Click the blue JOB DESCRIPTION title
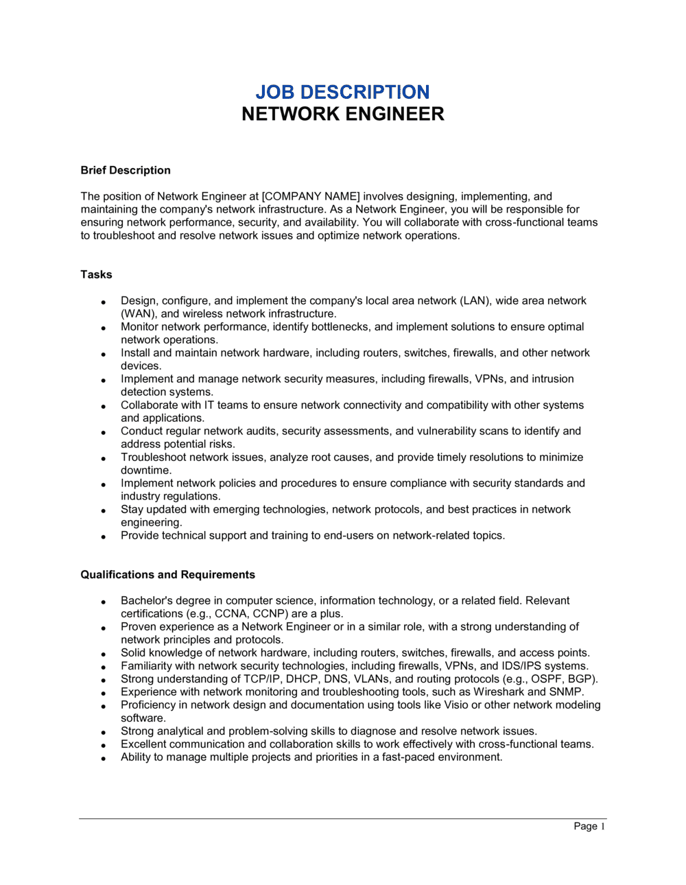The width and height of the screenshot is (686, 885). pos(342,92)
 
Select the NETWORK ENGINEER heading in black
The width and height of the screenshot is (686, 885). pos(342,114)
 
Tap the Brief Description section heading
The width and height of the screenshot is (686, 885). pos(126,170)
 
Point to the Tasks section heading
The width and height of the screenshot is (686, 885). pos(96,274)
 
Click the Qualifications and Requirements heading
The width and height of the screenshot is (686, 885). pos(167,575)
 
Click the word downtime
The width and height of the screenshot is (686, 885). pos(145,470)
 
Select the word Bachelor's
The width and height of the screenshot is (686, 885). pos(147,600)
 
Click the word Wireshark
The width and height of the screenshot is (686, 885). pos(499,692)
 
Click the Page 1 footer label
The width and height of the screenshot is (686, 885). pos(589,826)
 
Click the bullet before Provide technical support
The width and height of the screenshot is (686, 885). pos(103,536)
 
